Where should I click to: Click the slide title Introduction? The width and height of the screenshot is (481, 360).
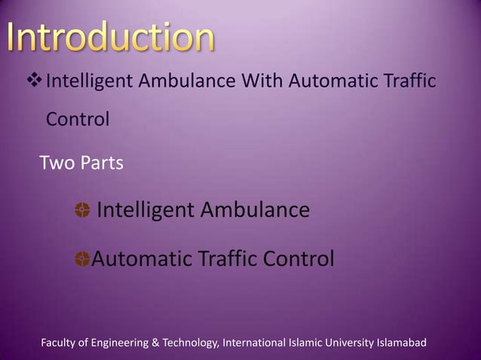pos(111,38)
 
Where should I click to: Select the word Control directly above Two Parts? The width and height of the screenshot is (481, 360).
pos(78,119)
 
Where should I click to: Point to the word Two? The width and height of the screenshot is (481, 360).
pos(55,162)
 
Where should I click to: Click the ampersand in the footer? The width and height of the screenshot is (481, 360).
pos(157,343)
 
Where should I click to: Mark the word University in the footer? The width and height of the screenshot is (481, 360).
pos(355,343)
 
